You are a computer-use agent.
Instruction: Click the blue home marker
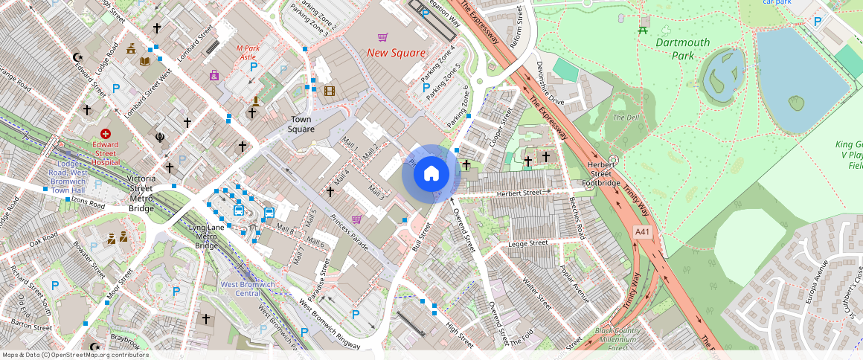pyautogui.click(x=431, y=174)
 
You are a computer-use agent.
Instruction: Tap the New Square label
pyautogui.click(x=397, y=53)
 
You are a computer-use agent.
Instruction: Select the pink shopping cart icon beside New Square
pyautogui.click(x=382, y=36)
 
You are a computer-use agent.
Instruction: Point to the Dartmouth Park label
pyautogui.click(x=682, y=48)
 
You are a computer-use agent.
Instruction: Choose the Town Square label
pyautogui.click(x=301, y=124)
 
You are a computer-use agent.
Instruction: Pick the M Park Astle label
pyautogui.click(x=246, y=52)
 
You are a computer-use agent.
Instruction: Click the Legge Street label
pyautogui.click(x=527, y=243)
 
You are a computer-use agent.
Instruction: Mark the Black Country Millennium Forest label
pyautogui.click(x=617, y=339)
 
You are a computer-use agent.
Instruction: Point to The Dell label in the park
pyautogui.click(x=626, y=118)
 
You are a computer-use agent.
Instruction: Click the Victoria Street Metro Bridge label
pyautogui.click(x=141, y=193)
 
